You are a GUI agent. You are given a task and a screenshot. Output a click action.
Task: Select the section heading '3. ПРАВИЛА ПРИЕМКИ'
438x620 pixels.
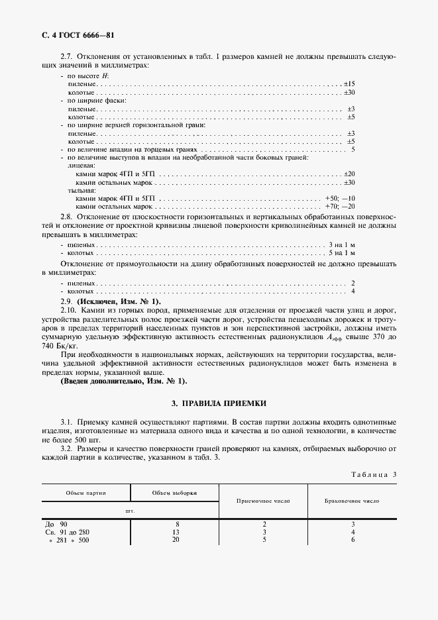[219, 403]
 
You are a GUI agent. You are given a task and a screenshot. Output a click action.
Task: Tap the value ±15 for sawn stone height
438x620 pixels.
[349, 84]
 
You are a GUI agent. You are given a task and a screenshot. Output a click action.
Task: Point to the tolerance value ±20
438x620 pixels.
[349, 174]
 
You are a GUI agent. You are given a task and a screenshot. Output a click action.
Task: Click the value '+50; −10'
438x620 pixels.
[341, 198]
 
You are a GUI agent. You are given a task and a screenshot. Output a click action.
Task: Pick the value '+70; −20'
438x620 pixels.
[341, 207]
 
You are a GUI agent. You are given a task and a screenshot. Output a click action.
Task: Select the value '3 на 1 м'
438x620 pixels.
[343, 244]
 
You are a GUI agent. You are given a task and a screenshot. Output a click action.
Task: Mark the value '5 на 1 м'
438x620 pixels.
[343, 253]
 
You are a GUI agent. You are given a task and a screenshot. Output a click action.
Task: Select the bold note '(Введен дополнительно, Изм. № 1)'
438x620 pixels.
[123, 381]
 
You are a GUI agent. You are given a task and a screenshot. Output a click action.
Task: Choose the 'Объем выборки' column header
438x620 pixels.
[175, 493]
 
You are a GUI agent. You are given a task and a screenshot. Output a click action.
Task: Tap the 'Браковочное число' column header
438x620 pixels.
[353, 501]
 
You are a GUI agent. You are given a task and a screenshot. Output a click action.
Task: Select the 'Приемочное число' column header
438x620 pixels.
[263, 501]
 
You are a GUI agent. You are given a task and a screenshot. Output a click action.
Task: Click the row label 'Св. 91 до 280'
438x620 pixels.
[68, 532]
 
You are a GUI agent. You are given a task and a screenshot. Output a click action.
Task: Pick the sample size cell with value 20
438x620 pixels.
[175, 540]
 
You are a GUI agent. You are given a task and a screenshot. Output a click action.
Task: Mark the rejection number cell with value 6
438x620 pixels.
[353, 540]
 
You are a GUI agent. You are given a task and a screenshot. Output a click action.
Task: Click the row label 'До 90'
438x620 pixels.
[53, 524]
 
